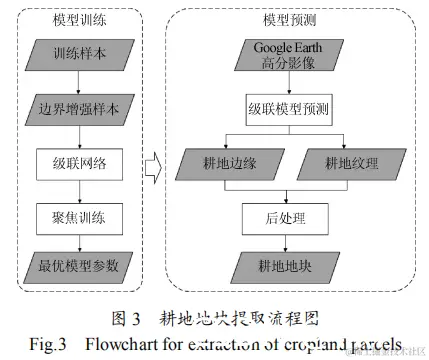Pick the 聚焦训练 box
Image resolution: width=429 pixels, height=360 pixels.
coord(78,213)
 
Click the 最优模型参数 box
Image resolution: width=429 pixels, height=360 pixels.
coord(78,266)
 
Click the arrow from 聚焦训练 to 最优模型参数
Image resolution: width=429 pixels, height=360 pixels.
coord(78,240)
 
